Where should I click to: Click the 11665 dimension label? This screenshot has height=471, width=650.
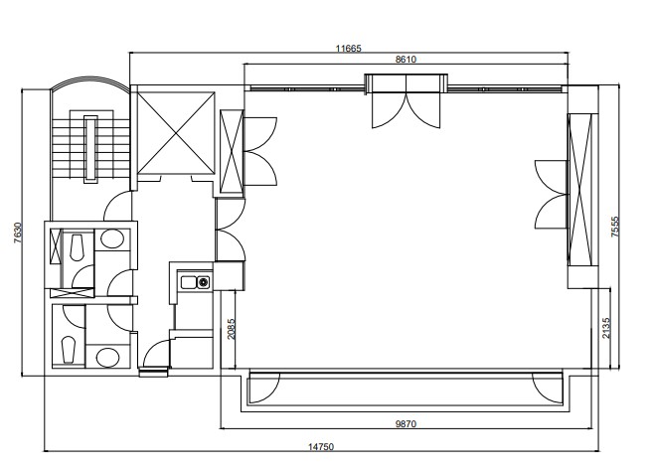point(348,48)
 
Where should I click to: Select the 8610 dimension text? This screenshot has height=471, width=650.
point(406,60)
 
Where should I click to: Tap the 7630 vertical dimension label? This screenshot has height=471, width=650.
point(18,233)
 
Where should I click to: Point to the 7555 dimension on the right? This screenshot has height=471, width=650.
point(615,227)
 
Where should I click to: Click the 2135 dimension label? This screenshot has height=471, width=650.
point(606,328)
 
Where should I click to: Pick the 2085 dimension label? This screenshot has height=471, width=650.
point(232,329)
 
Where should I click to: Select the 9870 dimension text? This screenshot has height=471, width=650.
point(406,424)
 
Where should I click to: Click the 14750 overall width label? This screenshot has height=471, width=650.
point(321,447)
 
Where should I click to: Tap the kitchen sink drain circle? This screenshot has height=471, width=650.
point(203,282)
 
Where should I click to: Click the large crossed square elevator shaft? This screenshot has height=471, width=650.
point(176,133)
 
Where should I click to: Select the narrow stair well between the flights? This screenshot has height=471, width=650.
point(90,149)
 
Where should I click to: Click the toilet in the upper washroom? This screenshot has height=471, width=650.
point(77,247)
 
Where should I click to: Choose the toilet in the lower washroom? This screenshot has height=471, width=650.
point(69,351)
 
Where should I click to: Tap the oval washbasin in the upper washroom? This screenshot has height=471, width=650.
point(112,239)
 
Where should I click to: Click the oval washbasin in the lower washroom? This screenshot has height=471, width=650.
point(107,358)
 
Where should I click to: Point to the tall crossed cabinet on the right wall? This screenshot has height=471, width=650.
point(580,189)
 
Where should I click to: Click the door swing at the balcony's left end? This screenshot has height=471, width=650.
point(264,388)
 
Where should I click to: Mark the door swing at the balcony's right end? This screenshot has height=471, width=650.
point(548,388)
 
